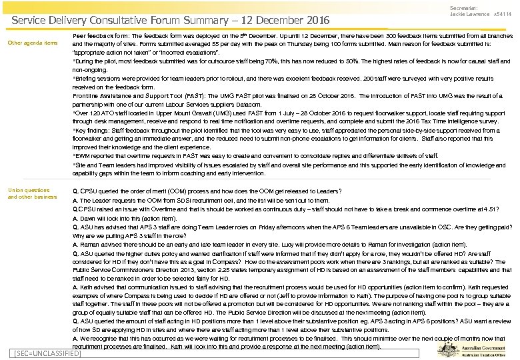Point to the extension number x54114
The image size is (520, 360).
point(503,14)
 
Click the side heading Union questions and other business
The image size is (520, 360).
point(32,193)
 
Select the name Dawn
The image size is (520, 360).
point(87,219)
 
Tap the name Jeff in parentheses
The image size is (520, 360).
point(261,295)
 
